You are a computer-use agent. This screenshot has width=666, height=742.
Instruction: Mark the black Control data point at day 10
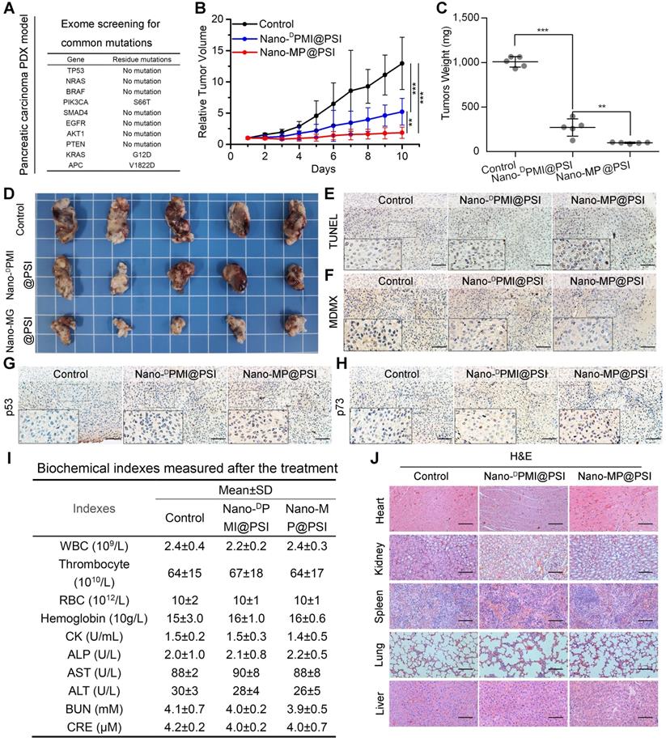[x=401, y=63]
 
